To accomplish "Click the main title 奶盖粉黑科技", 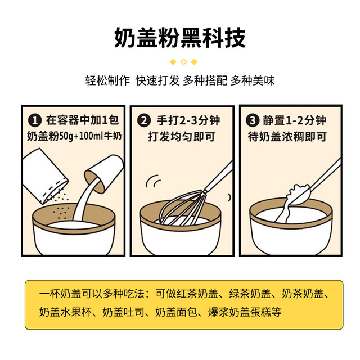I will point(180,38).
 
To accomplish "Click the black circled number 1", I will point(35,120).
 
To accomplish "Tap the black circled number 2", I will point(145,120).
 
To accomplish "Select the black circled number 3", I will point(253,120).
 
